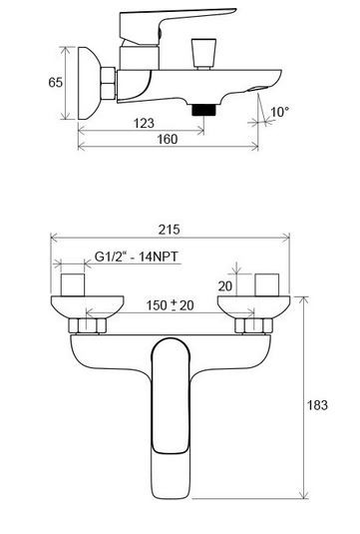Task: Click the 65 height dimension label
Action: pyautogui.click(x=56, y=83)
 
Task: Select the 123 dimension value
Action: pyautogui.click(x=144, y=123)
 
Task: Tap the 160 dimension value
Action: pyautogui.click(x=168, y=139)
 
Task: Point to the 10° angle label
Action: pyautogui.click(x=280, y=111)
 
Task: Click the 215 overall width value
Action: pyautogui.click(x=170, y=230)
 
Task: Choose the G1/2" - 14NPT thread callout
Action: pyautogui.click(x=136, y=257)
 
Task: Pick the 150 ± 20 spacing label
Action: pyautogui.click(x=170, y=305)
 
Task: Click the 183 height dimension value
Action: pyautogui.click(x=317, y=405)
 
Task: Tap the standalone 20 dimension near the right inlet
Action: pyautogui.click(x=225, y=286)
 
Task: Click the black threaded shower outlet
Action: pyautogui.click(x=204, y=110)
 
